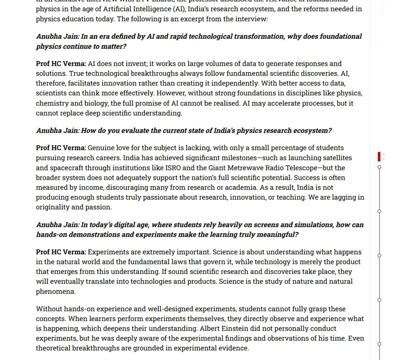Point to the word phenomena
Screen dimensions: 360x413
[55, 291]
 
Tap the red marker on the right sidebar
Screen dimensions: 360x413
[379, 156]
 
